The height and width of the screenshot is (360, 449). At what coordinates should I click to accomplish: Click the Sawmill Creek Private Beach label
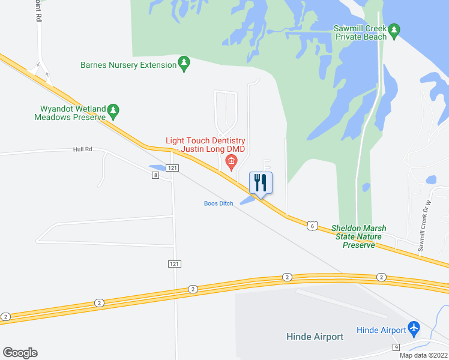(x=360, y=32)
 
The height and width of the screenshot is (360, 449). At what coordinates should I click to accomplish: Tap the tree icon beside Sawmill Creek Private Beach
(x=394, y=30)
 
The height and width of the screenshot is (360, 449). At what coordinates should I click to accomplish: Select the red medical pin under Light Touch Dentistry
(x=231, y=161)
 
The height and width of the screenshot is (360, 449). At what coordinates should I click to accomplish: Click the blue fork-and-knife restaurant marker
(x=261, y=182)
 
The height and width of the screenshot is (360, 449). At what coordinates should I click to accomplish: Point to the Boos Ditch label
(x=218, y=203)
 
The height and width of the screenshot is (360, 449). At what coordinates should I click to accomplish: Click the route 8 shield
(x=155, y=175)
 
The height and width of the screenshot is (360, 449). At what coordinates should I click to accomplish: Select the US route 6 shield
(x=312, y=225)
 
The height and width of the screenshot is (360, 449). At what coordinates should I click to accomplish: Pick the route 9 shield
(x=396, y=347)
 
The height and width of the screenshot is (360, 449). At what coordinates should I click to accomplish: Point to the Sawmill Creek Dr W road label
(x=425, y=226)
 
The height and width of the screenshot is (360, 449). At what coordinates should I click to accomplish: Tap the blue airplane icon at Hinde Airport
(x=414, y=328)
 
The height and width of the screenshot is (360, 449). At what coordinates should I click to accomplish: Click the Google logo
(x=20, y=353)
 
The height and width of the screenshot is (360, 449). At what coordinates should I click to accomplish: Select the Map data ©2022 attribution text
(x=424, y=355)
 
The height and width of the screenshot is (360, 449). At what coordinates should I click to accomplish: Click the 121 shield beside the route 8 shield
(x=172, y=169)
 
